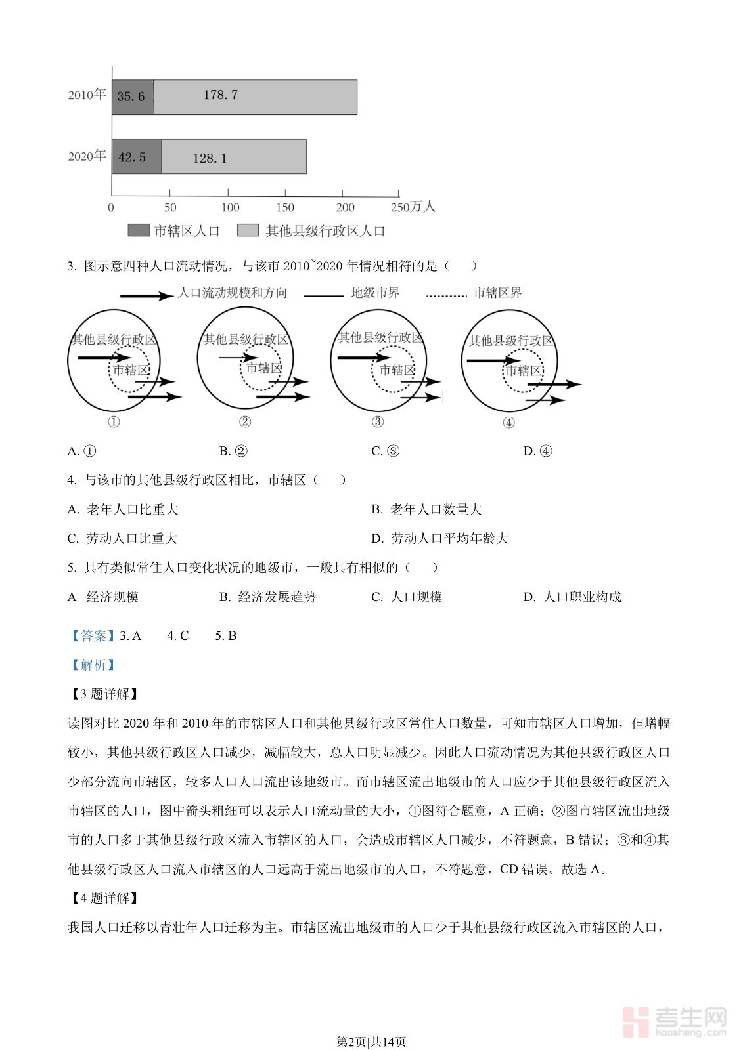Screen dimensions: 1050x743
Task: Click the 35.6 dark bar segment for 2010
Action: tap(133, 97)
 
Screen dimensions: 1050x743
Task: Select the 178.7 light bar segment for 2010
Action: tap(255, 97)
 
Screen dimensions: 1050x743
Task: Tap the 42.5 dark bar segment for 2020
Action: tap(136, 157)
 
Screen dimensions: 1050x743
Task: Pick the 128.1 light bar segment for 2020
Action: tap(233, 157)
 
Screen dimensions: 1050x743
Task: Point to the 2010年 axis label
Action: tap(87, 95)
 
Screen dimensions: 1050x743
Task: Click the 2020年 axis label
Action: tap(87, 156)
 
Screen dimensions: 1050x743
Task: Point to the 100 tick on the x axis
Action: tap(230, 207)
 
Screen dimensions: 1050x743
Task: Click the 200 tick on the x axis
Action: tap(345, 207)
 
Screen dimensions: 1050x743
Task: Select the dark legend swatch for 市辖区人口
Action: tap(138, 230)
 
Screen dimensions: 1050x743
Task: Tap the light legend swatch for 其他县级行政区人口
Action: tap(248, 230)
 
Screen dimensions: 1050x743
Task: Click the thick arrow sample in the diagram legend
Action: tap(145, 295)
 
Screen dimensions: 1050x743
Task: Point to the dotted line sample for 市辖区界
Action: tap(446, 295)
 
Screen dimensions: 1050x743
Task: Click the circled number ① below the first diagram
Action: tap(114, 422)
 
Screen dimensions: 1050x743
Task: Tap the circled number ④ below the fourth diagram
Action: tap(508, 423)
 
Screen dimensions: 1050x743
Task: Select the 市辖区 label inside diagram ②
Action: tap(263, 368)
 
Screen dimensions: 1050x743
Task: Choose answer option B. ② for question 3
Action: tap(233, 451)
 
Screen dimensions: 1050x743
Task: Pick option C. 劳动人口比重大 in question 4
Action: tap(123, 538)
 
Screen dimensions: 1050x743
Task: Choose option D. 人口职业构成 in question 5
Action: tap(572, 597)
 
